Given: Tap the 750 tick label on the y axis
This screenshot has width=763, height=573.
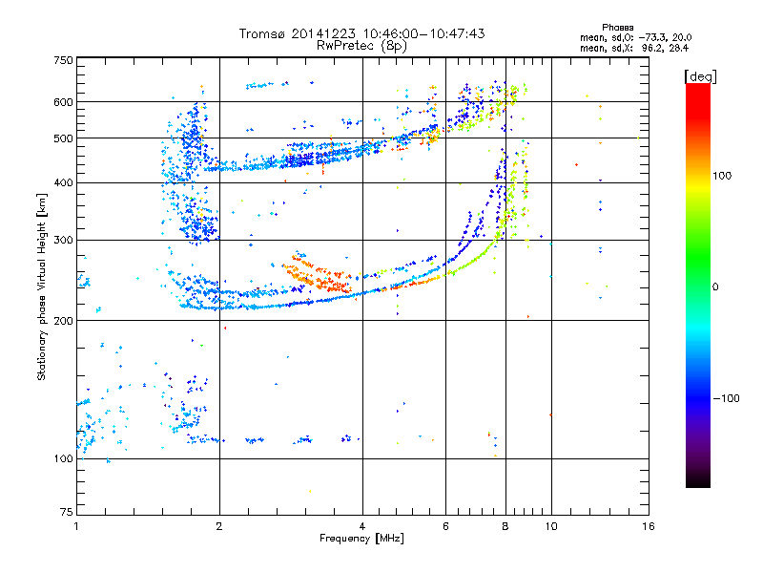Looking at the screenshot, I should pyautogui.click(x=63, y=59).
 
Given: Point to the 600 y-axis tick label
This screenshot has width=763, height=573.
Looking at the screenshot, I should pyautogui.click(x=63, y=102).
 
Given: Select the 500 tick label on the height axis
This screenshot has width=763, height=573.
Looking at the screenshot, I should pyautogui.click(x=63, y=138).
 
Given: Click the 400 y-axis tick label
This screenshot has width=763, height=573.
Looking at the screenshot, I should pyautogui.click(x=63, y=183).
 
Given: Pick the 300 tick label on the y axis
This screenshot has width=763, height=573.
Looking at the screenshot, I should pyautogui.click(x=63, y=240).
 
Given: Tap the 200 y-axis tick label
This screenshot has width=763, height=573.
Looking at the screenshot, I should pyautogui.click(x=63, y=321).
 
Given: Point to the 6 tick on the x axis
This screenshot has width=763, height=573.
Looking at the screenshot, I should pyautogui.click(x=445, y=526).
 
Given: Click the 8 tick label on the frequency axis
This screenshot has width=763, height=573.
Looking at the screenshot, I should pyautogui.click(x=505, y=526).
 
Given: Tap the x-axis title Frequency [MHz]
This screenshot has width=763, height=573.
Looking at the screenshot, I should pyautogui.click(x=361, y=539).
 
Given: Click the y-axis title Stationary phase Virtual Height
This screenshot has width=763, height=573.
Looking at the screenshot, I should pyautogui.click(x=42, y=286).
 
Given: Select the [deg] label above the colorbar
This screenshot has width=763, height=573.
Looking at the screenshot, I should pyautogui.click(x=701, y=75).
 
